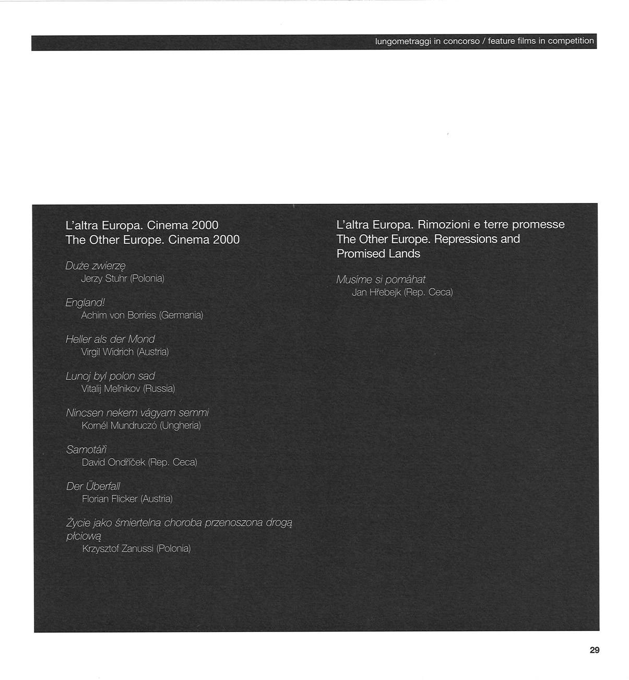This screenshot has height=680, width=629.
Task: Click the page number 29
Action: tap(594, 650)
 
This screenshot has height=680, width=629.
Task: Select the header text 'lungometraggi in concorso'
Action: tap(427, 41)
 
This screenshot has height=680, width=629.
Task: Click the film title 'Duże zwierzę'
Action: tap(96, 266)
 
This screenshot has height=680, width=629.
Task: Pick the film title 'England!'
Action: tap(85, 302)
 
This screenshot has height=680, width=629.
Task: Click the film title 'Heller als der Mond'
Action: tap(110, 339)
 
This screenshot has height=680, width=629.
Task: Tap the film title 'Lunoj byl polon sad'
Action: tap(110, 376)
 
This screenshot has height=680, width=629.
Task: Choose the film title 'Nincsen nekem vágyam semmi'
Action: tap(137, 413)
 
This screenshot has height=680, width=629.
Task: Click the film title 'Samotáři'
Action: tap(86, 450)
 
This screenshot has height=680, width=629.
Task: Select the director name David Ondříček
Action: tap(113, 462)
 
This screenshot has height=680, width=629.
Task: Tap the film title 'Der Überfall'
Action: tap(93, 487)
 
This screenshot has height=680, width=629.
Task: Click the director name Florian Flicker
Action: tap(110, 499)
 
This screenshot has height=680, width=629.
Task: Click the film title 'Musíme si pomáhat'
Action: tap(381, 280)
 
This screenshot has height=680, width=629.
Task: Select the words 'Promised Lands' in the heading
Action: tap(378, 254)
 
